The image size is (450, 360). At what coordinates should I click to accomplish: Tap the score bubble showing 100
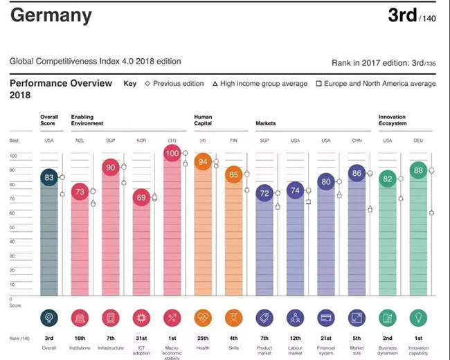click(174, 153)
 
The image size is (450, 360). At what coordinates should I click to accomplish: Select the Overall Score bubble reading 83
click(49, 177)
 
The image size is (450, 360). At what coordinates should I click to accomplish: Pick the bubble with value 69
click(142, 198)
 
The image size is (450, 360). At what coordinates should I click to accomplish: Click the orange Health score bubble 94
click(204, 162)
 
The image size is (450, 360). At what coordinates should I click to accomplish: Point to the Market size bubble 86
click(357, 174)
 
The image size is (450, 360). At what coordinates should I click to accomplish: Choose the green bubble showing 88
click(418, 170)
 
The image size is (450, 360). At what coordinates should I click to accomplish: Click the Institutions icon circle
click(80, 318)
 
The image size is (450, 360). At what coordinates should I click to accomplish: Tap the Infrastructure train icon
click(111, 318)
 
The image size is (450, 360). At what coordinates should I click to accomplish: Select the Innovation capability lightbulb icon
click(418, 318)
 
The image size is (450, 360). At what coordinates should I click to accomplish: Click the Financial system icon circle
click(326, 318)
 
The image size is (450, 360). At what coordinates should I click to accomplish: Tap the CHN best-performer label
click(357, 141)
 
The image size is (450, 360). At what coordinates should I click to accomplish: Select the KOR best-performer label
click(142, 141)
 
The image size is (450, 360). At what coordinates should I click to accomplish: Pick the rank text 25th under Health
click(204, 339)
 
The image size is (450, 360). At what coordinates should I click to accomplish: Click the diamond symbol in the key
click(147, 84)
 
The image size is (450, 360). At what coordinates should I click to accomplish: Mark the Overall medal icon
click(49, 318)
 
